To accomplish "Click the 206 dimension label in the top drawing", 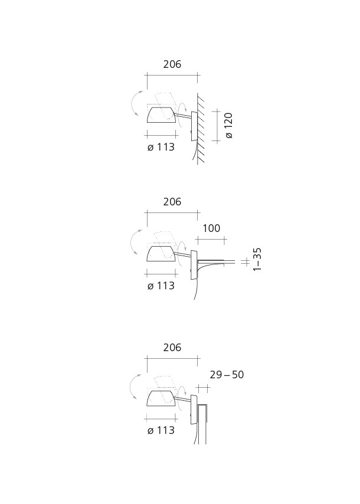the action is point(172,64).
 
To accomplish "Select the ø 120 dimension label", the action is point(228,125).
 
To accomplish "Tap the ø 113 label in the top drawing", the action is point(161,147).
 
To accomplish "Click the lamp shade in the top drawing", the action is point(161,116).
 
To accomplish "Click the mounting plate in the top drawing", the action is point(194,126).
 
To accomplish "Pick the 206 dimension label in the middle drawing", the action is point(172,202).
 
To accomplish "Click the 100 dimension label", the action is point(211,228).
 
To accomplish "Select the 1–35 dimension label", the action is point(257,259).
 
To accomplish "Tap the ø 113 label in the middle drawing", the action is point(161,286).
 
